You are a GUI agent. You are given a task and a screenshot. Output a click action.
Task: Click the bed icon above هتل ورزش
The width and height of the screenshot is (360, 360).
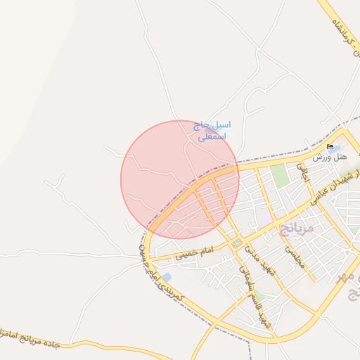pyautogui.click(x=330, y=147)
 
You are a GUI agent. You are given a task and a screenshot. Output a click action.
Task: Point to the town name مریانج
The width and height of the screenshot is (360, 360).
pyautogui.click(x=297, y=227)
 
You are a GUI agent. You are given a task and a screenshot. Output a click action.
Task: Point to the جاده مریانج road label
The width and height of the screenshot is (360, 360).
pyautogui.click(x=35, y=338)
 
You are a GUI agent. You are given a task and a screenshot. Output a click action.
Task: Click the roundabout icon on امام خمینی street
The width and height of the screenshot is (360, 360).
pyautogui.click(x=238, y=243)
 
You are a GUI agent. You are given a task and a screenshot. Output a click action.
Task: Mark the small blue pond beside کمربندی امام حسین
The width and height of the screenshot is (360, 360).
pyautogui.click(x=167, y=277)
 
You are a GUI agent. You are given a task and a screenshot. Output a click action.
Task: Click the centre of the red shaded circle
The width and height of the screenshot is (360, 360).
pyautogui.click(x=180, y=179)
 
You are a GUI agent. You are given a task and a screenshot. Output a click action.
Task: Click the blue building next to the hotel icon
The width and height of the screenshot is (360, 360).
pyautogui.click(x=333, y=150)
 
